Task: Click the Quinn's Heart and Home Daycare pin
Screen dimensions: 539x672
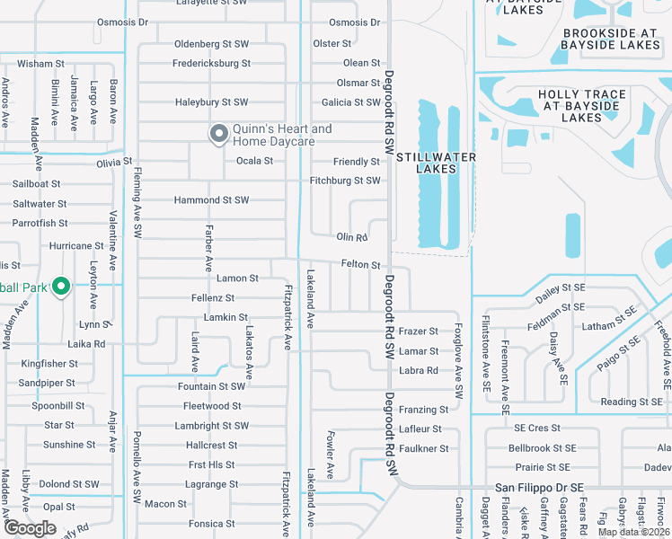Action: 217,135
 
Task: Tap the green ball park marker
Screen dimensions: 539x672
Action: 61,287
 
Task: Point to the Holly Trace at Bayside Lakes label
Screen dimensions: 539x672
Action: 581,106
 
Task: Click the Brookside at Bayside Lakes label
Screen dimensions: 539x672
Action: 611,39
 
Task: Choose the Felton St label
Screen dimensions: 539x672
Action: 361,265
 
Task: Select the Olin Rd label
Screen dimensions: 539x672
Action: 352,237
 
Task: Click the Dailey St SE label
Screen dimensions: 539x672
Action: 560,287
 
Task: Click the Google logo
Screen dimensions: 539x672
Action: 30,528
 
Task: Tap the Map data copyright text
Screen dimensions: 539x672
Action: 633,532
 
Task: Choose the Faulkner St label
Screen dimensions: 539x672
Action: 423,449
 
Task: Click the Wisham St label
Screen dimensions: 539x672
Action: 40,64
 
